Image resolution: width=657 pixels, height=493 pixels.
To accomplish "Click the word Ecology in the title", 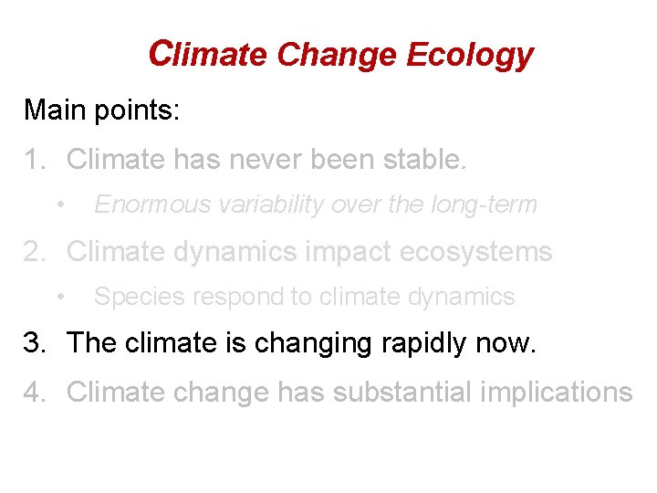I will point(469,55).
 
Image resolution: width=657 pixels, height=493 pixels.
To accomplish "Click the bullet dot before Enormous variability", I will point(59,205).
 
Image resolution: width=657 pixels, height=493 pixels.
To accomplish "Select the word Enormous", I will point(146,205).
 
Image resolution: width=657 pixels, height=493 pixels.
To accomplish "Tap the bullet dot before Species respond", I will point(59,297).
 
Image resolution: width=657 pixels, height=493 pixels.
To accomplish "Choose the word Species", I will point(131,297).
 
